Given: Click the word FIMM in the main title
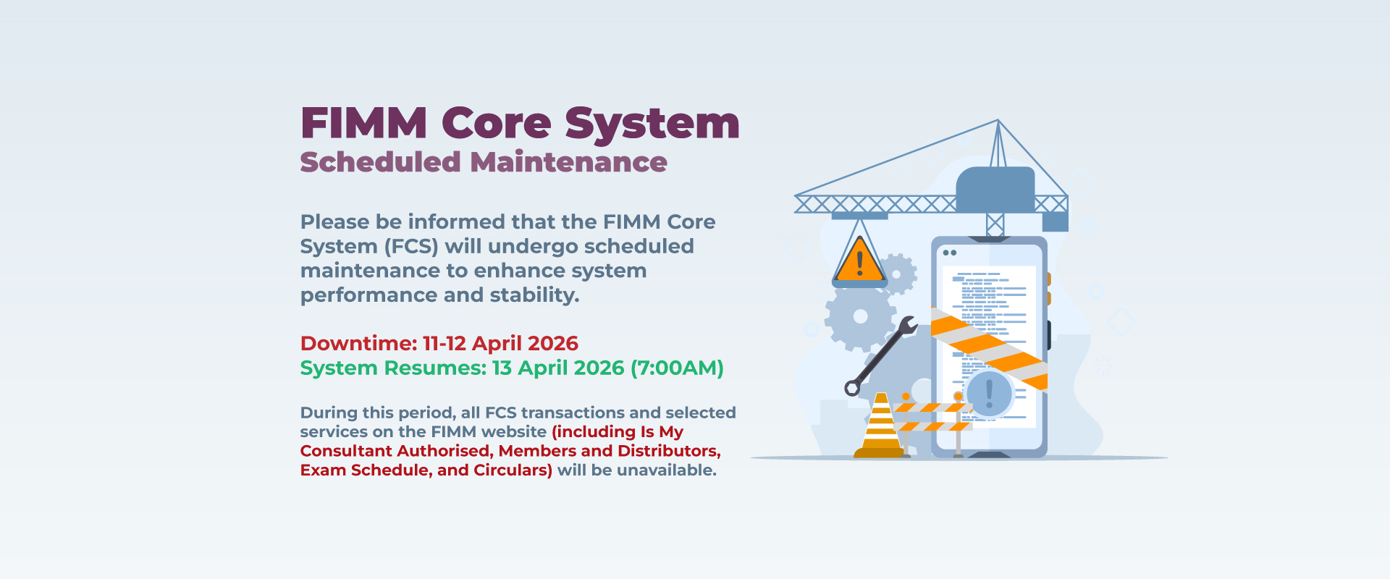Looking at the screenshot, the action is click(x=364, y=123).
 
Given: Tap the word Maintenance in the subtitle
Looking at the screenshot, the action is click(x=568, y=162).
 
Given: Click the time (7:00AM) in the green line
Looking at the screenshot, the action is click(x=677, y=368).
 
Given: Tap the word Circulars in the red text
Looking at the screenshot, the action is click(x=513, y=470).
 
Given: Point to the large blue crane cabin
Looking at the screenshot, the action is click(x=995, y=190).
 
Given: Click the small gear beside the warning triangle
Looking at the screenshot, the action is click(x=898, y=274).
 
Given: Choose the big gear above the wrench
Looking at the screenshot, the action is click(x=861, y=316).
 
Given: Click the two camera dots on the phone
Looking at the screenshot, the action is click(x=950, y=253).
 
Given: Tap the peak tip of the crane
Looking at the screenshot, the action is click(x=998, y=120).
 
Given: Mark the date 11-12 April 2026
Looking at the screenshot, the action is click(x=500, y=343).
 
